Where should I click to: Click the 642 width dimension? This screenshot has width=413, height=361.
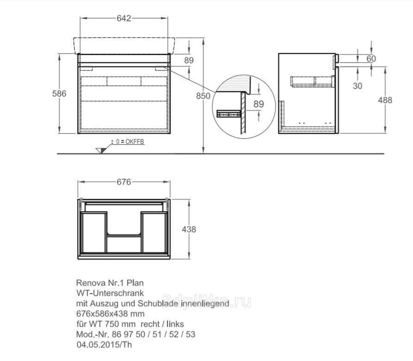[124, 18]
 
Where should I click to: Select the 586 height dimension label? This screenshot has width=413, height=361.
[59, 93]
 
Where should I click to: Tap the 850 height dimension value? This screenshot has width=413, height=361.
[203, 96]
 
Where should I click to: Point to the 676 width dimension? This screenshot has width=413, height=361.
[124, 182]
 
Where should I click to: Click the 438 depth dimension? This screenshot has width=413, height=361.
[189, 229]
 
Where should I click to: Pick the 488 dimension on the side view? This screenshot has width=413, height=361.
[385, 100]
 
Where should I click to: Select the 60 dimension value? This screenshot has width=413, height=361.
[371, 58]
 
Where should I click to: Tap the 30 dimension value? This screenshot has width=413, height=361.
[358, 86]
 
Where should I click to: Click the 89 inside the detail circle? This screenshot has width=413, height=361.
[259, 104]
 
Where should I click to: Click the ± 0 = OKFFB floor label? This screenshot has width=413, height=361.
[128, 141]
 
